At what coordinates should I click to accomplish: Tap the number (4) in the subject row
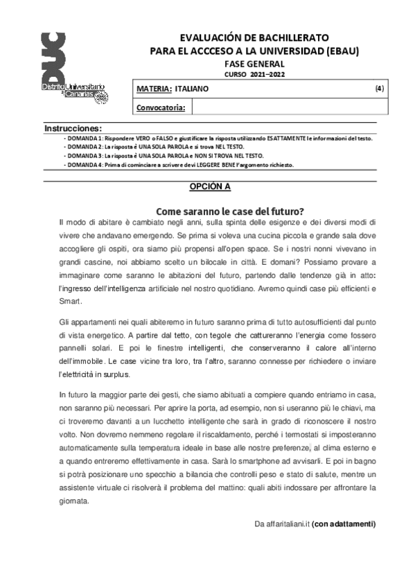pos(380,89)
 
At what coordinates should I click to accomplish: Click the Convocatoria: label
pos(160,107)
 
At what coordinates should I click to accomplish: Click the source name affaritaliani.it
pos(281,524)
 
